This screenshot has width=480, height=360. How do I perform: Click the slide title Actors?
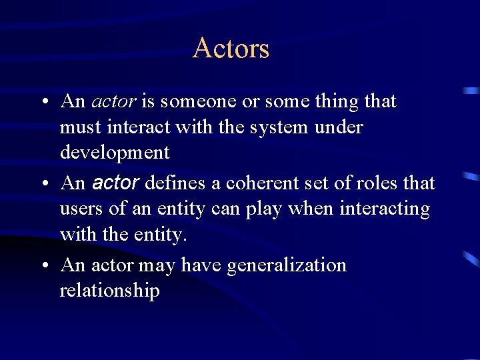click(x=231, y=49)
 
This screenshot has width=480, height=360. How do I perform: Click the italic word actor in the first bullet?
click(x=113, y=102)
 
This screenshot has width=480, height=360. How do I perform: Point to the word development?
click(x=115, y=153)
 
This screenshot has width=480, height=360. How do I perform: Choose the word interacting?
click(x=385, y=209)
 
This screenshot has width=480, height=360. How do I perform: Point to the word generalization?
click(x=287, y=265)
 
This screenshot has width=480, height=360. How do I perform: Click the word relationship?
click(x=109, y=291)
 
